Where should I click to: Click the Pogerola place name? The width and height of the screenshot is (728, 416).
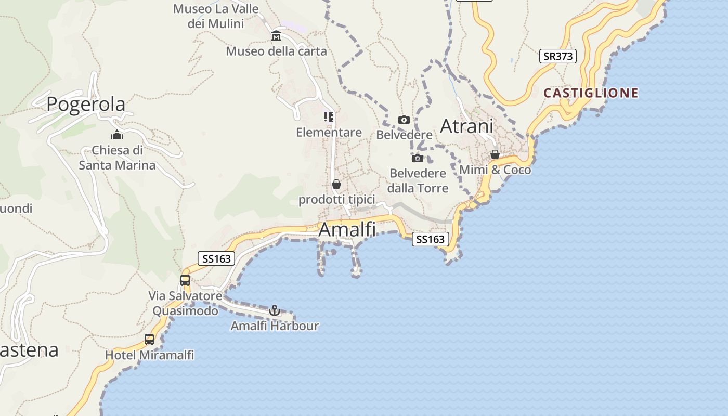pos(86,104)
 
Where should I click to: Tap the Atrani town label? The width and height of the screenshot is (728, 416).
pos(466,126)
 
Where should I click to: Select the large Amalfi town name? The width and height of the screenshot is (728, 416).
pos(347,229)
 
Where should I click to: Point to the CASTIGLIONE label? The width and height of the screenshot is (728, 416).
pos(591,93)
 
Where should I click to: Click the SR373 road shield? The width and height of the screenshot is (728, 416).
pos(558,56)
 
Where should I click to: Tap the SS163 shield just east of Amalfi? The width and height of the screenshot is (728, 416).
pos(431,239)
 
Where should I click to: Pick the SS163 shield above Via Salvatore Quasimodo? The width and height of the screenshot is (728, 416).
pos(216,258)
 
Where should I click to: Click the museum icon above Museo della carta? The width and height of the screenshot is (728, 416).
pos(276,36)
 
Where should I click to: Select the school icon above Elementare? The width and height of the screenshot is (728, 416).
pos(329,117)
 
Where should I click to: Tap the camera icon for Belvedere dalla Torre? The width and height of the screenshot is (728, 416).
pos(417,158)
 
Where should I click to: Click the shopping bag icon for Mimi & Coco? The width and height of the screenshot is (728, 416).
pos(495,154)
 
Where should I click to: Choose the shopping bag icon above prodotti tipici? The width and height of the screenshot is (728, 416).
pos(336,184)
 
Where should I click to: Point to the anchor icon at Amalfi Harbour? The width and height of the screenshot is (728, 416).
pos(275,310)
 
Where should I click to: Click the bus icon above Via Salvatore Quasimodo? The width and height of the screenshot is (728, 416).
pos(185,280)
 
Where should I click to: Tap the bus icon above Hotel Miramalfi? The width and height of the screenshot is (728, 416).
pos(149,340)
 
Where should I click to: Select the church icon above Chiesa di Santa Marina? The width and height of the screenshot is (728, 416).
pos(117,135)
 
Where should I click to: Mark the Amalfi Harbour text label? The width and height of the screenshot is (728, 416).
pos(275,326)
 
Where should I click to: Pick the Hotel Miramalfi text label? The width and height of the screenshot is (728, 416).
pos(149,355)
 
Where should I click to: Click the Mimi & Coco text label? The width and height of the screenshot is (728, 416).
pos(495,170)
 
